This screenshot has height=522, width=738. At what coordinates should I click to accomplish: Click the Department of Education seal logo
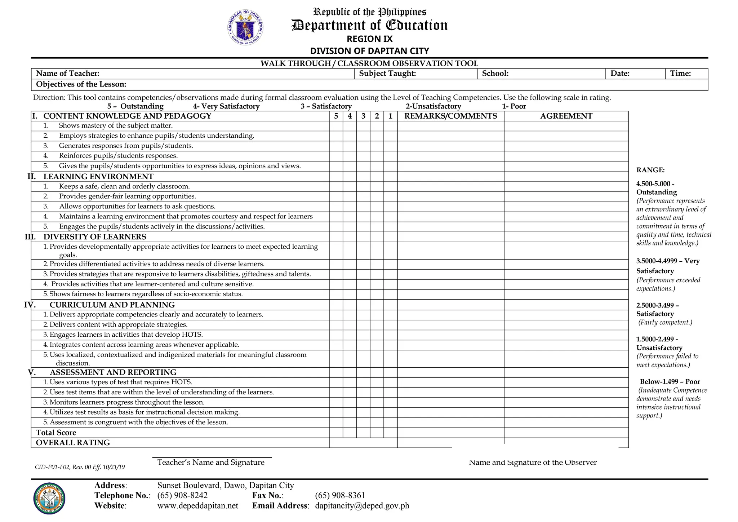pos(245,28)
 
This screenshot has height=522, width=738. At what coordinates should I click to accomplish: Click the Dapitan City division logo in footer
pos(49,499)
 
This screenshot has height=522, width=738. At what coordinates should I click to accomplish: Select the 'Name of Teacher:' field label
pos(68,74)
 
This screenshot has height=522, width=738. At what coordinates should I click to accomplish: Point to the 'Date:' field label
pos(620,74)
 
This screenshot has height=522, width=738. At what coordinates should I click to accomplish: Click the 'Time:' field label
pos(680,74)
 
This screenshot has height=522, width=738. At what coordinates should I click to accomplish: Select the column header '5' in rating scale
pos(336,116)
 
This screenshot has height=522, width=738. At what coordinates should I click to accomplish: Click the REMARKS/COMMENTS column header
pos(450,116)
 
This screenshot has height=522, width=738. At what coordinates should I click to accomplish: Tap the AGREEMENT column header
pos(566,116)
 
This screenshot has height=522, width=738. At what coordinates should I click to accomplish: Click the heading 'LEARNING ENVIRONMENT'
pos(98,177)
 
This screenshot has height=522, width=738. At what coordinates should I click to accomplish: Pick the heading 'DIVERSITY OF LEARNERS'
pos(95,237)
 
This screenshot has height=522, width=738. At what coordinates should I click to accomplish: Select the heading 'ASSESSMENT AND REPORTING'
pos(113,372)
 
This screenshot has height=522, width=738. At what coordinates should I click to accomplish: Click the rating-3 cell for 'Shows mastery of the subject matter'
pos(363,126)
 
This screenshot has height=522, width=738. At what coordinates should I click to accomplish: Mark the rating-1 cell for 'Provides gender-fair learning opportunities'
pos(390,196)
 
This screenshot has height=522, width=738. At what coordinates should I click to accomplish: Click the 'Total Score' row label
pos(56,433)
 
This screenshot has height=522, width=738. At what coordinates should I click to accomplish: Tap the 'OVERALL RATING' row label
pos(73,443)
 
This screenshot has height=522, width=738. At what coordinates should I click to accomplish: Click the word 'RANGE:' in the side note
pos(650,170)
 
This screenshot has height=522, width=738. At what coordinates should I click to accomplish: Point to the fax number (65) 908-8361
pos(340,495)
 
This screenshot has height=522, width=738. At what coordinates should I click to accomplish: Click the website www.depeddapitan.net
pos(197,505)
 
